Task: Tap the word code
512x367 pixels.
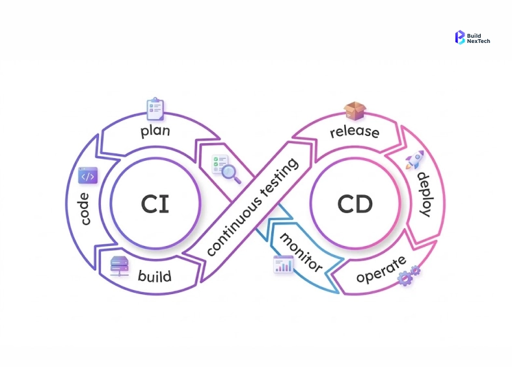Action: point(86,208)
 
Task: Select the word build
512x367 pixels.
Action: point(155,276)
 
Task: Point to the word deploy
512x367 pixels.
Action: point(423,195)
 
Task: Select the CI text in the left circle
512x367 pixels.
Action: point(155,204)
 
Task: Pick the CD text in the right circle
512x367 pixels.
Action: point(355,204)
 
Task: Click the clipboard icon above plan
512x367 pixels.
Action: point(155,109)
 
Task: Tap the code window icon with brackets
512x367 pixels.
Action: point(88,176)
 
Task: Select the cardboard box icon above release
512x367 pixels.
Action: point(354,111)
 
